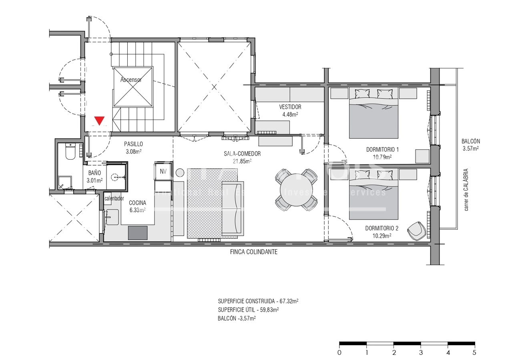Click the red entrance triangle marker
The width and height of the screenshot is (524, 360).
point(99,120)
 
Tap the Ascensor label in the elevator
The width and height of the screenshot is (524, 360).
point(131,80)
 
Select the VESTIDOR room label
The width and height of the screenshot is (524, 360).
point(290,107)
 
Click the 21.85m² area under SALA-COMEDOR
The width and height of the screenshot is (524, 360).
point(242,161)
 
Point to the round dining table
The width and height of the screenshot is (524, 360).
point(296,190)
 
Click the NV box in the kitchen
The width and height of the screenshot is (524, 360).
point(163,171)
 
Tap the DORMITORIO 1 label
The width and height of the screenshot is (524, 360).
point(382,150)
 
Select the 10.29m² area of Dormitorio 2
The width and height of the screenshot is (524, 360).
point(381,236)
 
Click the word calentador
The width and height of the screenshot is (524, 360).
point(114,198)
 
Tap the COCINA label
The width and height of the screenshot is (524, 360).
point(137,203)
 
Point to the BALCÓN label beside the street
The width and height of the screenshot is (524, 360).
point(470,141)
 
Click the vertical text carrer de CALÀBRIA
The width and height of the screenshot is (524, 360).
point(466,190)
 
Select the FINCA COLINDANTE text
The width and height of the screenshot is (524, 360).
point(253,252)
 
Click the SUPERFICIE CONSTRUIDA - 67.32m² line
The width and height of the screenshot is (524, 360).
point(258,301)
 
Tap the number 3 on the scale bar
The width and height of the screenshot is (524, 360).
point(421,352)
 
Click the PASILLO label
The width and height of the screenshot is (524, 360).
point(133,144)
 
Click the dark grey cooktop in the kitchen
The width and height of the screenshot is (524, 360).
point(138,233)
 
